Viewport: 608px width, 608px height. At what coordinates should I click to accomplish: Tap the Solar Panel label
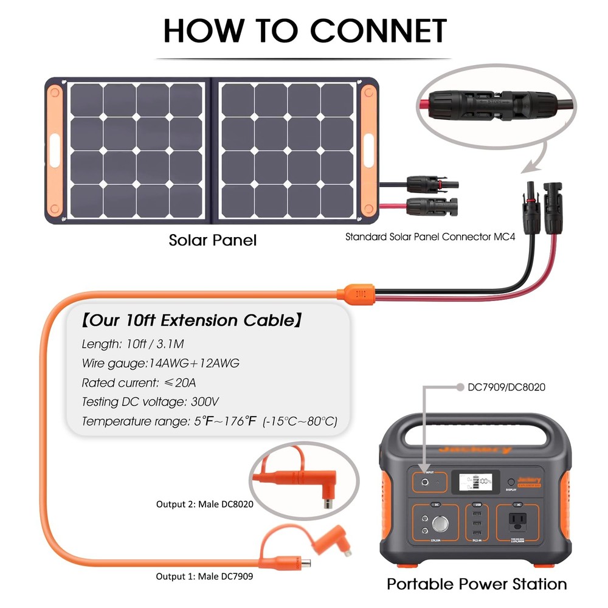pyautogui.click(x=212, y=240)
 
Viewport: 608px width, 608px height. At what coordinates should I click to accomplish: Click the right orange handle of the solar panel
pyautogui.click(x=369, y=149)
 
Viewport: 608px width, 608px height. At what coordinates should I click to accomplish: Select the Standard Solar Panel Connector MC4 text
pyautogui.click(x=430, y=237)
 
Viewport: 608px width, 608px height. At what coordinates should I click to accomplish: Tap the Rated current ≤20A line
pyautogui.click(x=139, y=383)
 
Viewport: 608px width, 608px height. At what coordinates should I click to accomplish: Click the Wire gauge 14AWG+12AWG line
pyautogui.click(x=161, y=364)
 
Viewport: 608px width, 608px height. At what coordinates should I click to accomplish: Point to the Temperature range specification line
pyautogui.click(x=209, y=421)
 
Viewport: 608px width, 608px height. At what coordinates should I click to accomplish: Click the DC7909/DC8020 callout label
pyautogui.click(x=497, y=387)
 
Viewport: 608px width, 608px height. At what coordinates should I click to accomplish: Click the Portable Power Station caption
pyautogui.click(x=477, y=584)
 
